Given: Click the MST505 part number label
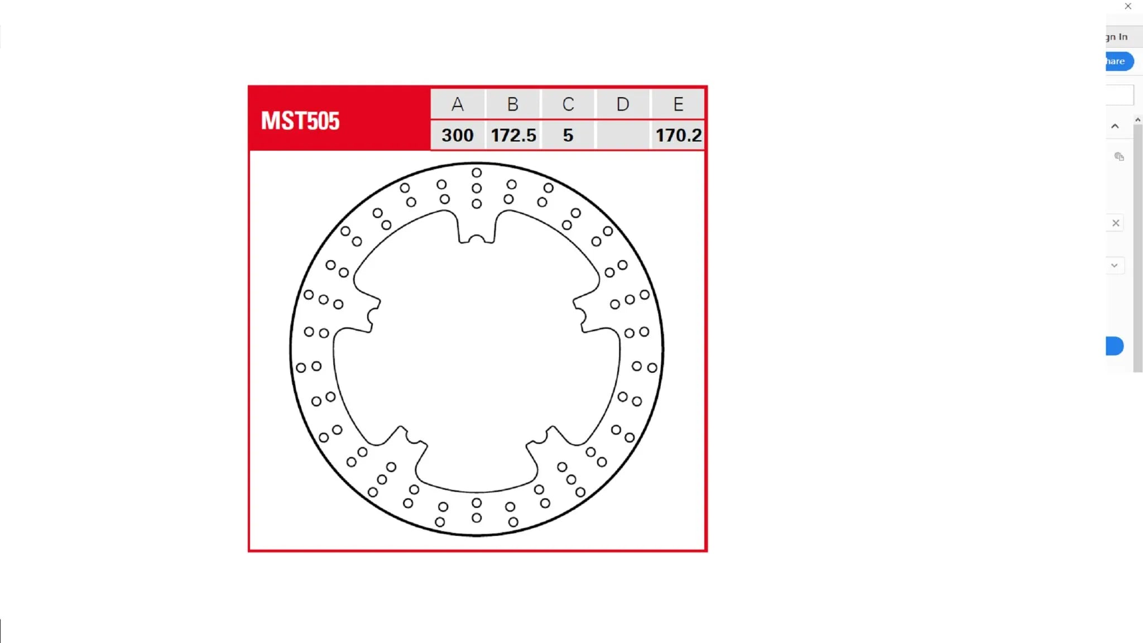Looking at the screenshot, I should point(300,121).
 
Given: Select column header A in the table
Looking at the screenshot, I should point(458,104).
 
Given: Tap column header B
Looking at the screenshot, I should point(513,104).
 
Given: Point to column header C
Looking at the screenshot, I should point(568,104).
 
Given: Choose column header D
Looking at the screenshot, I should point(623,104).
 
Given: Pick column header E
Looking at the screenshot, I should point(678,104).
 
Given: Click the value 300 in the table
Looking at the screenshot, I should point(458,135).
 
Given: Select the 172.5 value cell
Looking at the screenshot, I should point(513,135).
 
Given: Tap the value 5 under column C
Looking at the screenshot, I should point(568,135).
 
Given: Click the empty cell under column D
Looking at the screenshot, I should point(623,135).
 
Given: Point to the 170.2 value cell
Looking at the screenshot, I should point(678,135).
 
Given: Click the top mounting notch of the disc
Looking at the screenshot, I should point(477,239).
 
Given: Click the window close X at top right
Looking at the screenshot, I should point(1128,6).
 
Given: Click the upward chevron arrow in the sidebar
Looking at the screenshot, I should point(1115,126).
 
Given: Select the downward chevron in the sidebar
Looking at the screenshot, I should point(1115,266).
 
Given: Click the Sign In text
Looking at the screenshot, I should point(1117,37).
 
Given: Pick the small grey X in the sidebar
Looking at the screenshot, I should point(1116,223).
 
